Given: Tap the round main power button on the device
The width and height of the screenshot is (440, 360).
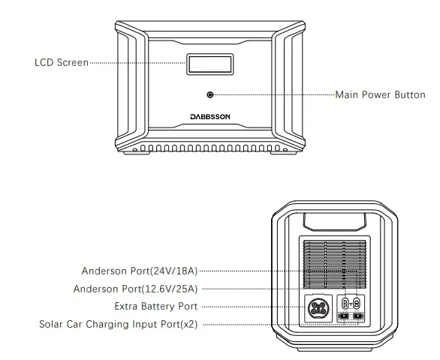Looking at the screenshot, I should (x=209, y=95).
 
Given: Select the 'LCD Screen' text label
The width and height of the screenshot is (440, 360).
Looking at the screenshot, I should (x=61, y=62).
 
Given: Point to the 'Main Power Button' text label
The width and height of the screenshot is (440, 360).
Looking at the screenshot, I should (x=380, y=95).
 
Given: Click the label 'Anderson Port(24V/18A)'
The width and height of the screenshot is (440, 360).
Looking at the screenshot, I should (x=139, y=270).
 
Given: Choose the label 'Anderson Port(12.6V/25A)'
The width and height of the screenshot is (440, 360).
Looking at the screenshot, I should (x=135, y=288).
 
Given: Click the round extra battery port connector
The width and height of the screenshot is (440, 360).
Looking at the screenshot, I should (x=317, y=308).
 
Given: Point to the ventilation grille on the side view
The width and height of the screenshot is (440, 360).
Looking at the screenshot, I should (x=335, y=262).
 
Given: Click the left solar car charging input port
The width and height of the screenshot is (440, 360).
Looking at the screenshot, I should (x=345, y=316).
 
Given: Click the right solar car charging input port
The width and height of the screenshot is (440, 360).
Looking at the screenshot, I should (x=357, y=316).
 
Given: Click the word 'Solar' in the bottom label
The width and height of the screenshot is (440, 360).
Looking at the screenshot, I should (x=52, y=324).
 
